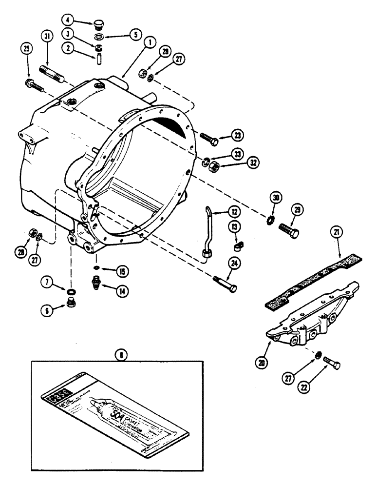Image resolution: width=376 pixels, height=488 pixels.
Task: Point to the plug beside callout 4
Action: (98, 23)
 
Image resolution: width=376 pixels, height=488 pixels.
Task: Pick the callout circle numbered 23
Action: (237, 134)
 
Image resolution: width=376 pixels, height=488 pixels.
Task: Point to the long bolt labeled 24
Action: (224, 284)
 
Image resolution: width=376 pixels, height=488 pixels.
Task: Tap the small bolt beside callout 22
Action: (331, 364)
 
